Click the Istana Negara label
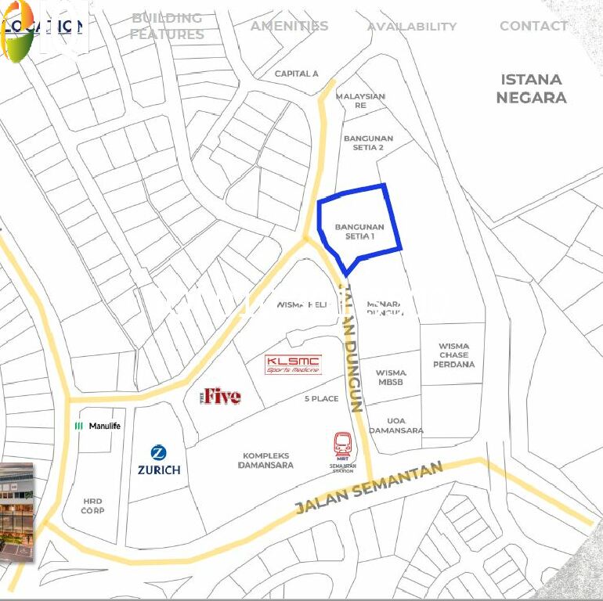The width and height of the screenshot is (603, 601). point(531,88)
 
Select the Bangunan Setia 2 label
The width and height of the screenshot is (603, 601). point(368,142)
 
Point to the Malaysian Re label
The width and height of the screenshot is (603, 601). point(360,100)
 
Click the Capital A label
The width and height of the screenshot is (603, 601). point(296,74)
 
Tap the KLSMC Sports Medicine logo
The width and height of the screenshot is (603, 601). point(293,365)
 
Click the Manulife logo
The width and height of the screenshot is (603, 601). point(98,426)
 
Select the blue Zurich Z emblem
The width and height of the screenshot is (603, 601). point(159,452)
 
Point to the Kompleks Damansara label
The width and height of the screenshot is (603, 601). point(266,460)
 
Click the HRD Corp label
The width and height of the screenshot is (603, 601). point(93,506)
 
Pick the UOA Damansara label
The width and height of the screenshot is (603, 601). point(395,425)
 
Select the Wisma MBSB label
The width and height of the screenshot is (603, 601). point(391,377)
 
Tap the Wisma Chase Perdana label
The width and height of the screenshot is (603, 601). point(453,354)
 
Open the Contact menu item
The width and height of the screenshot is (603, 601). point(533,26)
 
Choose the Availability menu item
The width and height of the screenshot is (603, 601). point(411,27)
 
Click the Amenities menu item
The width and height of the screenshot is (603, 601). point(289,26)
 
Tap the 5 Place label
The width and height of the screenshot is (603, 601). point(321,398)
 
